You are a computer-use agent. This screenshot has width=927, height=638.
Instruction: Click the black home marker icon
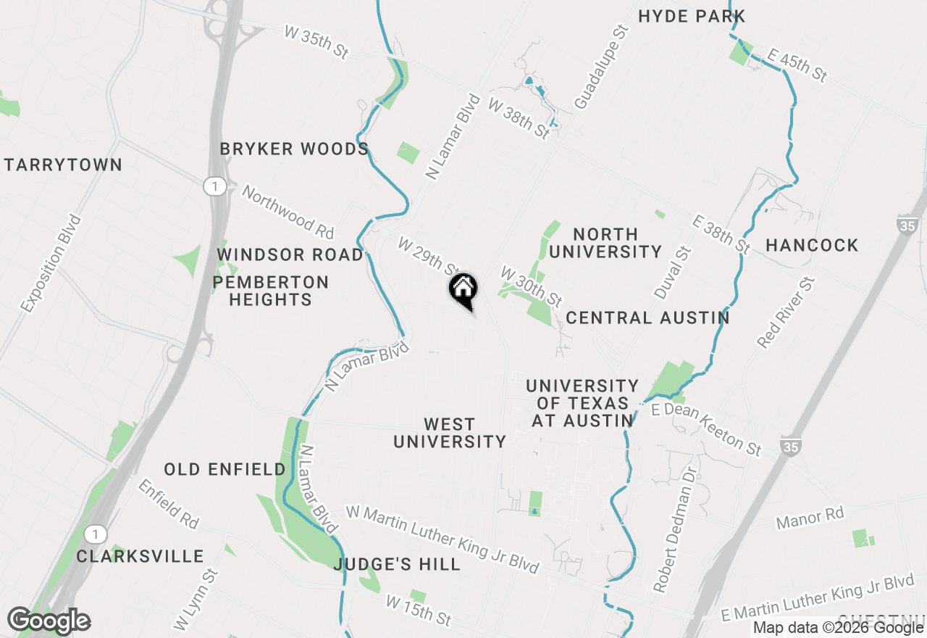(x=463, y=290)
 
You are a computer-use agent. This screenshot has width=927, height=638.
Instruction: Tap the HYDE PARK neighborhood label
(x=691, y=16)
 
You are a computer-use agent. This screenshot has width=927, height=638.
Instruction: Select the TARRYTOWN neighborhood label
(x=63, y=165)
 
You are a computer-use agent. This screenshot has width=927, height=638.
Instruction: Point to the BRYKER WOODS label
(x=294, y=149)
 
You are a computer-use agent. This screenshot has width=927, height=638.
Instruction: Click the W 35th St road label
(x=317, y=43)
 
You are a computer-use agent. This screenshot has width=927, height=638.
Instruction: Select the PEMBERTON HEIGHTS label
(x=270, y=290)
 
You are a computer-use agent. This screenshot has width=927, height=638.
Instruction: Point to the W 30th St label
(x=531, y=286)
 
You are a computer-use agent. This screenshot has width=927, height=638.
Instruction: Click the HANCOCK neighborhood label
(x=812, y=245)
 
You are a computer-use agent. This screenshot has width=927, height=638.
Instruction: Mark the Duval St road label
(x=673, y=273)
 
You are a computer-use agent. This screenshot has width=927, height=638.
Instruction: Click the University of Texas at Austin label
(x=582, y=403)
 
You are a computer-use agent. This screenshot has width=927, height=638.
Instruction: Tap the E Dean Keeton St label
(x=706, y=430)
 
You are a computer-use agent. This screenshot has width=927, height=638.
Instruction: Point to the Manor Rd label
(x=810, y=518)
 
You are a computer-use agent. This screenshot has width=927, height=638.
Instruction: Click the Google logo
(x=49, y=621)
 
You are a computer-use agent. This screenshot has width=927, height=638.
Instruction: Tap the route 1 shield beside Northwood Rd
(x=214, y=186)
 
